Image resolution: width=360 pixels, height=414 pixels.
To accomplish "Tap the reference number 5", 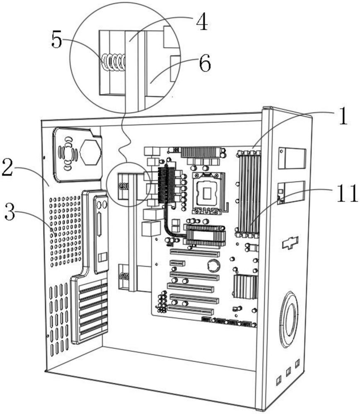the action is pyautogui.click(x=56, y=39).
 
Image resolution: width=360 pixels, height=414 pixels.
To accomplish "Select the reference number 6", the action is pyautogui.click(x=205, y=63).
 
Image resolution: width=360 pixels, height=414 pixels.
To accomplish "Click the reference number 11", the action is pyautogui.click(x=347, y=193).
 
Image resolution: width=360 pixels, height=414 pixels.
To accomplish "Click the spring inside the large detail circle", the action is pyautogui.click(x=114, y=63).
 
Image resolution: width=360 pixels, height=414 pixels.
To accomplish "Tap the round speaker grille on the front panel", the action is pyautogui.click(x=289, y=320).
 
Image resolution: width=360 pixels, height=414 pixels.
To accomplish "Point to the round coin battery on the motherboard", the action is pyautogui.click(x=214, y=266).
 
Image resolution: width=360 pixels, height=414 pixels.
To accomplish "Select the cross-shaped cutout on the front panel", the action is pyautogui.click(x=290, y=242).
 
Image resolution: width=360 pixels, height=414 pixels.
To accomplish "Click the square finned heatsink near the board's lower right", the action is pyautogui.click(x=245, y=286).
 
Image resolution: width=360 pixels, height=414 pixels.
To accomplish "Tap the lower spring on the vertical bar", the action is pyautogui.click(x=124, y=276).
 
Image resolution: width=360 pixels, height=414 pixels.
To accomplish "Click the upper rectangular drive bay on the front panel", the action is pyautogui.click(x=292, y=158).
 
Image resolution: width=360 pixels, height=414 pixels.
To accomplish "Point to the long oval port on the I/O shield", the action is pyautogui.click(x=99, y=224).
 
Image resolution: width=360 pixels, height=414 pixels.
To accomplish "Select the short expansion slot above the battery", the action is pyautogui.click(x=177, y=263).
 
